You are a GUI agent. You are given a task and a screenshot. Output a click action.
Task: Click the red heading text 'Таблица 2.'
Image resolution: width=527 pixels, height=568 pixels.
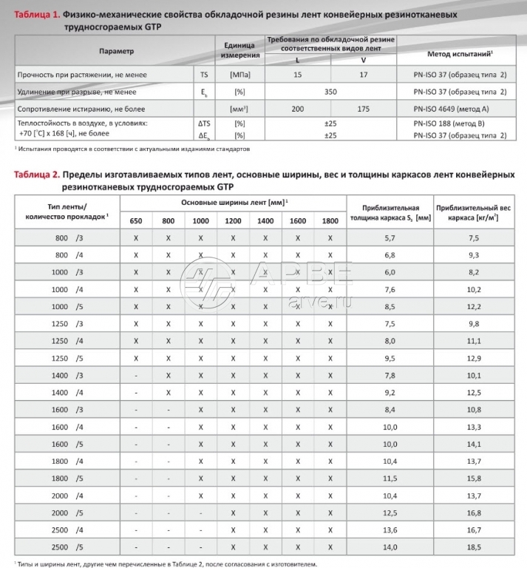[35, 174]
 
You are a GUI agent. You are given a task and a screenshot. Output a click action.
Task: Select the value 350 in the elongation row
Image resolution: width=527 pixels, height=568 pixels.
[330, 92]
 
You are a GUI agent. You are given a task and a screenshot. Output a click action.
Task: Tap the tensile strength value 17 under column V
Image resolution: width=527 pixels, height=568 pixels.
[362, 75]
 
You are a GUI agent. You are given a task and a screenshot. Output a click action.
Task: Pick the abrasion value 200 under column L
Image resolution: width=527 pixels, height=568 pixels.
[297, 109]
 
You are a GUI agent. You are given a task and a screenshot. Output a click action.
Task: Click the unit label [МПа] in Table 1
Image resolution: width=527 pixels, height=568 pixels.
[239, 75]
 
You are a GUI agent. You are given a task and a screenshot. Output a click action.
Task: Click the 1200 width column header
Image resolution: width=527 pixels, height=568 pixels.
[233, 220]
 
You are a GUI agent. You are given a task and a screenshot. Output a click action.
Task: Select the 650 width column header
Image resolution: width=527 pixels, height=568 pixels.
[136, 220]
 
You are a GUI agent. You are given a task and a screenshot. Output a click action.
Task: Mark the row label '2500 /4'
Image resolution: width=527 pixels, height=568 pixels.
[67, 530]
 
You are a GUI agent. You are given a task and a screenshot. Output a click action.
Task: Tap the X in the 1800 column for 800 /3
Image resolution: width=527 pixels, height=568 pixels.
[330, 237]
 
